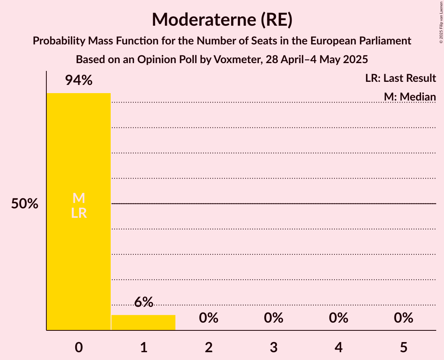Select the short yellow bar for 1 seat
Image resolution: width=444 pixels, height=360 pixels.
click(x=143, y=323)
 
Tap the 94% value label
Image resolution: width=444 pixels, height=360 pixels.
click(x=79, y=81)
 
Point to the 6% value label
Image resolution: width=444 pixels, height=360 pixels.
click(x=143, y=302)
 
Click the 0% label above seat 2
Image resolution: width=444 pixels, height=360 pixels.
click(x=209, y=318)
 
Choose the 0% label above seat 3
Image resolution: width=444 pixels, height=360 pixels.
click(x=274, y=318)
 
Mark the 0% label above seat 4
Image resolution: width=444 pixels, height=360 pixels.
click(x=338, y=318)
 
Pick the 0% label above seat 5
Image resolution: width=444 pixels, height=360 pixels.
click(x=403, y=318)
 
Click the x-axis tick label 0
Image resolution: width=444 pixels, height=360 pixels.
click(x=79, y=348)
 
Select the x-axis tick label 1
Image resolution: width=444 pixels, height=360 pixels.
click(x=143, y=348)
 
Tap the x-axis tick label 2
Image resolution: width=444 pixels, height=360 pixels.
click(x=209, y=348)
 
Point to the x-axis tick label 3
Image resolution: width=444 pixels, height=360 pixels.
click(x=274, y=348)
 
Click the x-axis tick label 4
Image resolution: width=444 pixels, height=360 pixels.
click(x=338, y=348)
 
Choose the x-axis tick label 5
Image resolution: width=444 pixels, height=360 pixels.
click(x=403, y=348)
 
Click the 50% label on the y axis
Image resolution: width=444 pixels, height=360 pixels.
click(x=25, y=204)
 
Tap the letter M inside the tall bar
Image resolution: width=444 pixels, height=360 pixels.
click(x=79, y=198)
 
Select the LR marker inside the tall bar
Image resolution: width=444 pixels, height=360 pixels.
click(x=79, y=213)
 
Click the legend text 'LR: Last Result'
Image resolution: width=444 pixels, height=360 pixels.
click(x=400, y=78)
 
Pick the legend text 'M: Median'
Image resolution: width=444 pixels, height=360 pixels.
click(x=410, y=97)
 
